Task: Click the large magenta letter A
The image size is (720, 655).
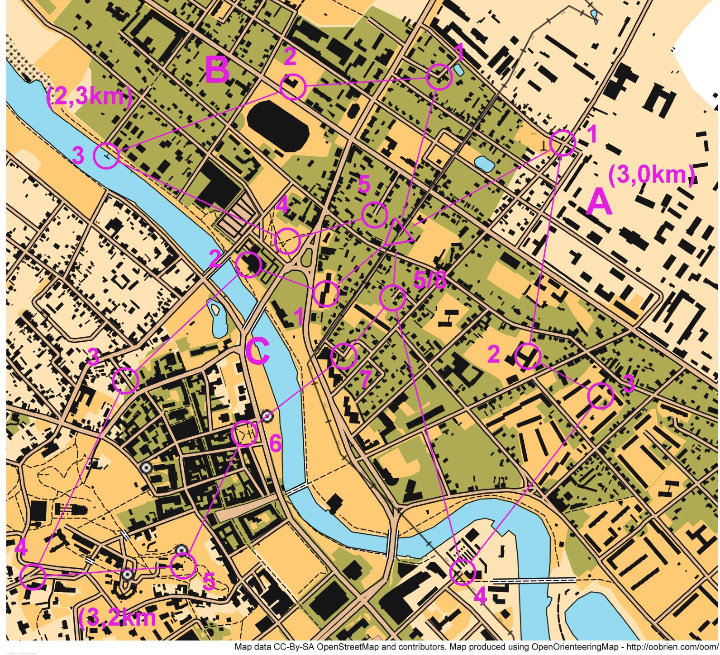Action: [599, 203]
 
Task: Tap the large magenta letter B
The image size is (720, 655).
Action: [217, 70]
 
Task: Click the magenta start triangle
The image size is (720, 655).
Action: [398, 233]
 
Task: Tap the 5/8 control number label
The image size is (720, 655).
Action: [429, 280]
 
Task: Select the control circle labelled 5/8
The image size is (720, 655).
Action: [392, 297]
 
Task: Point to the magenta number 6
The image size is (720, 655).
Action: [275, 443]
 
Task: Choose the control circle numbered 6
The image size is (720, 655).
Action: [244, 434]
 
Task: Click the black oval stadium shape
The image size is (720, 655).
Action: [277, 126]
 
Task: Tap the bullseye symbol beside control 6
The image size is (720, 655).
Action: [267, 416]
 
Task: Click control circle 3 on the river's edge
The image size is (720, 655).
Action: [106, 156]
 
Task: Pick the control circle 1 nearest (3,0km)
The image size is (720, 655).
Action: [563, 143]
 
